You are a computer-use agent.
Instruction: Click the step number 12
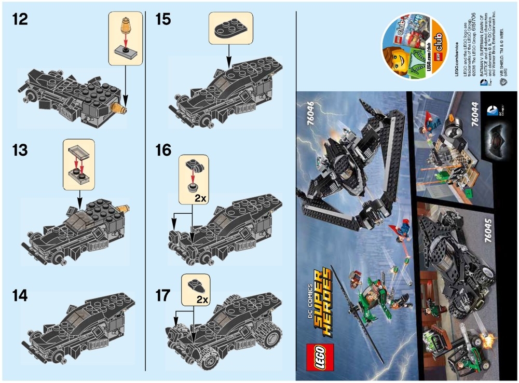pyautogui.click(x=20, y=21)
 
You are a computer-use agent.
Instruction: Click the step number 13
pyautogui.click(x=20, y=151)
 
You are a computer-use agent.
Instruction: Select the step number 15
pyautogui.click(x=163, y=21)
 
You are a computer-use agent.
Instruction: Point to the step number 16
pyautogui.click(x=163, y=151)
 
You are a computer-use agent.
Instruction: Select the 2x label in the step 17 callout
pyautogui.click(x=202, y=300)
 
